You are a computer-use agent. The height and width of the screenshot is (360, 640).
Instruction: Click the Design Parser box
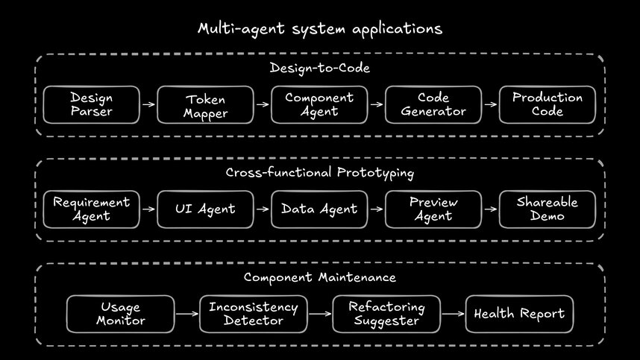[91, 104]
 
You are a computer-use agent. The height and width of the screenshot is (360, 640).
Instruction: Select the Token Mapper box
[205, 105]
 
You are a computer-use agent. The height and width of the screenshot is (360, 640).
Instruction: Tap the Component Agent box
[319, 104]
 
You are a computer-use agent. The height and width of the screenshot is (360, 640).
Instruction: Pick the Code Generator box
[433, 104]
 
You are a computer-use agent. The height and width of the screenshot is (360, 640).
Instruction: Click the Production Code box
[548, 104]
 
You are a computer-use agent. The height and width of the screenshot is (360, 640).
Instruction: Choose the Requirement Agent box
[91, 209]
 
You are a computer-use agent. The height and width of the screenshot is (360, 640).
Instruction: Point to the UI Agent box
[205, 209]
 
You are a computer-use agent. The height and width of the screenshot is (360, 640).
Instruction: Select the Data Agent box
[319, 209]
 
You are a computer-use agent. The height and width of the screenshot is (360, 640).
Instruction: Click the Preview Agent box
[433, 209]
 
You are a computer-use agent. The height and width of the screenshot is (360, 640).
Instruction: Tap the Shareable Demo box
[548, 209]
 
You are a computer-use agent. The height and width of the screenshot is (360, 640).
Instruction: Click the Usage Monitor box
[120, 314]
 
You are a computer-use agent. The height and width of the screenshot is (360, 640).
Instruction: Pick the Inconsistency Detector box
[253, 314]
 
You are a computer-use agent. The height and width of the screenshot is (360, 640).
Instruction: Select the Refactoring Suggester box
[386, 314]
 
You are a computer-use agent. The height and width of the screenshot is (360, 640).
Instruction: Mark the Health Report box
[519, 314]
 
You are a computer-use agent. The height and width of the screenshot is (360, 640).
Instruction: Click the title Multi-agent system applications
[319, 29]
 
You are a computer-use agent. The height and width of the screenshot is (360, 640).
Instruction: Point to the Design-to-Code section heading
[319, 69]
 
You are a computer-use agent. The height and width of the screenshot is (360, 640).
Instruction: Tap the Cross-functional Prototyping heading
[319, 173]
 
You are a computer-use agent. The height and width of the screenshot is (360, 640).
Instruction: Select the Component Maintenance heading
[319, 277]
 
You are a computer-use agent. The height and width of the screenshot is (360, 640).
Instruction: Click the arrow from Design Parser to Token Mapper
[148, 104]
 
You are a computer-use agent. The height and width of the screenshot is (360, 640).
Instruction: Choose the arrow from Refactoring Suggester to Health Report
[453, 314]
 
